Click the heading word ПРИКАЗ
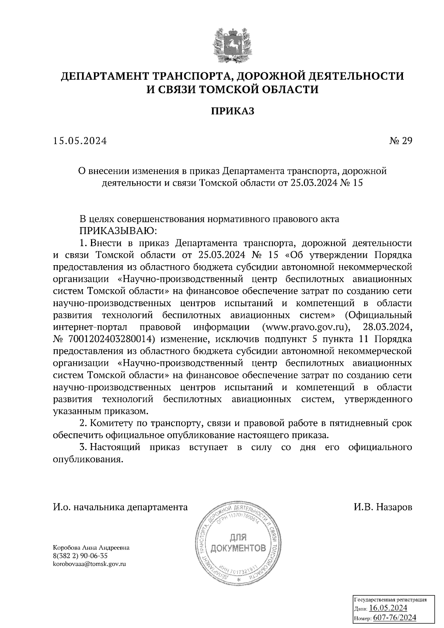pos(233,111)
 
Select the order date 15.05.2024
pos(80,141)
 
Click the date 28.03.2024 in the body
pos(387,327)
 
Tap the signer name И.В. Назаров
pos(383,507)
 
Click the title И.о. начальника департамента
pos(121,507)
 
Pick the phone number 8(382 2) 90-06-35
pos(80,556)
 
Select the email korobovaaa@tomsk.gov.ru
pos(90,564)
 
